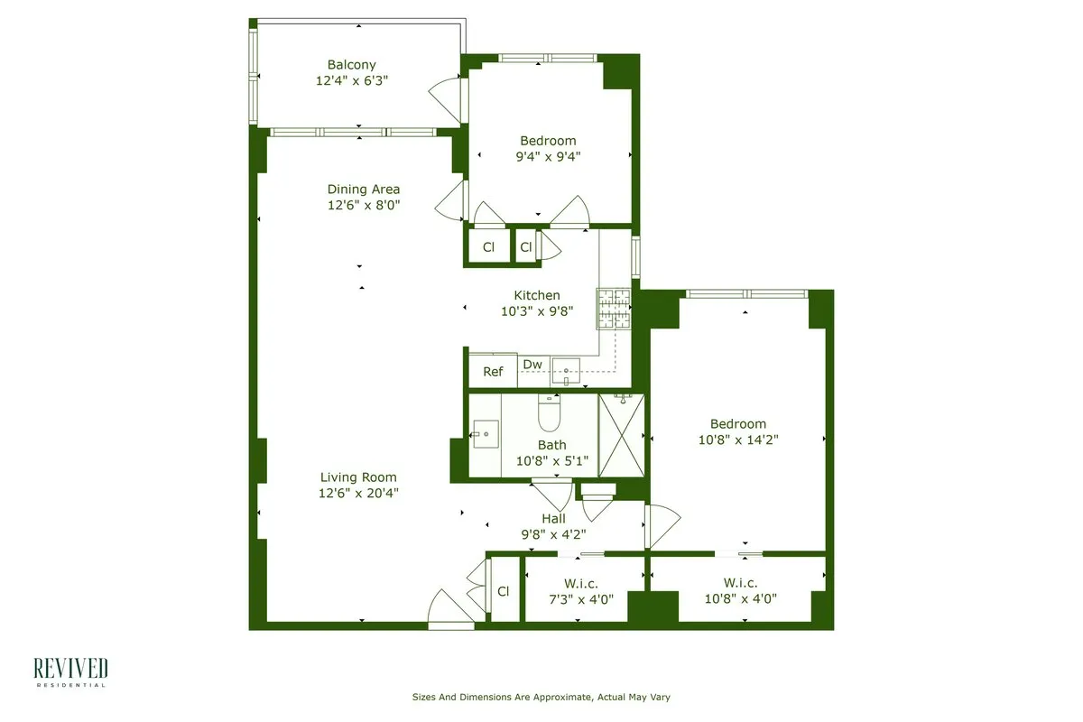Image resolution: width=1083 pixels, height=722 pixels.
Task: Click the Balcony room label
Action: coord(351,65)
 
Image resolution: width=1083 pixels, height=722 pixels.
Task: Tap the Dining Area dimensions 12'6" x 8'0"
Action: coord(363,205)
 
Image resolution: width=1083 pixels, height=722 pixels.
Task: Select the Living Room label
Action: coord(357,477)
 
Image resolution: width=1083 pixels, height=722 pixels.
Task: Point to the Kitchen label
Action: coord(537,295)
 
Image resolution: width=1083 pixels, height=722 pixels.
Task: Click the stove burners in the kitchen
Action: coord(613,309)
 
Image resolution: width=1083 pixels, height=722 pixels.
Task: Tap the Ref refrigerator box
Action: coord(493,371)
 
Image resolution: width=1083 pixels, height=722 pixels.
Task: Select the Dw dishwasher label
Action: coord(532,365)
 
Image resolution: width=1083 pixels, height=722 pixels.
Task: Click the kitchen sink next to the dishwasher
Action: coord(566,371)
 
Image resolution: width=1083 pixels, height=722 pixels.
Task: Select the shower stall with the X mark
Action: coord(623,433)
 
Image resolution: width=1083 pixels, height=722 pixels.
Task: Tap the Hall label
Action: coord(553,518)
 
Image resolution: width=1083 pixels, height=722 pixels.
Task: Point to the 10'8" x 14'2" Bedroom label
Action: coord(737,424)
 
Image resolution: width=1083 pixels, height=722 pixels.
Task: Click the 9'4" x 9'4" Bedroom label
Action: coord(548,141)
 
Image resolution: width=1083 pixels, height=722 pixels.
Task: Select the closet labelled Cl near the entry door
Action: coord(504,591)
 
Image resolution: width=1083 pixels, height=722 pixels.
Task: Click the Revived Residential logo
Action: coord(70,671)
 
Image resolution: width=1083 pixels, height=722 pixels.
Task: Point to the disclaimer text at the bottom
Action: coord(541,697)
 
